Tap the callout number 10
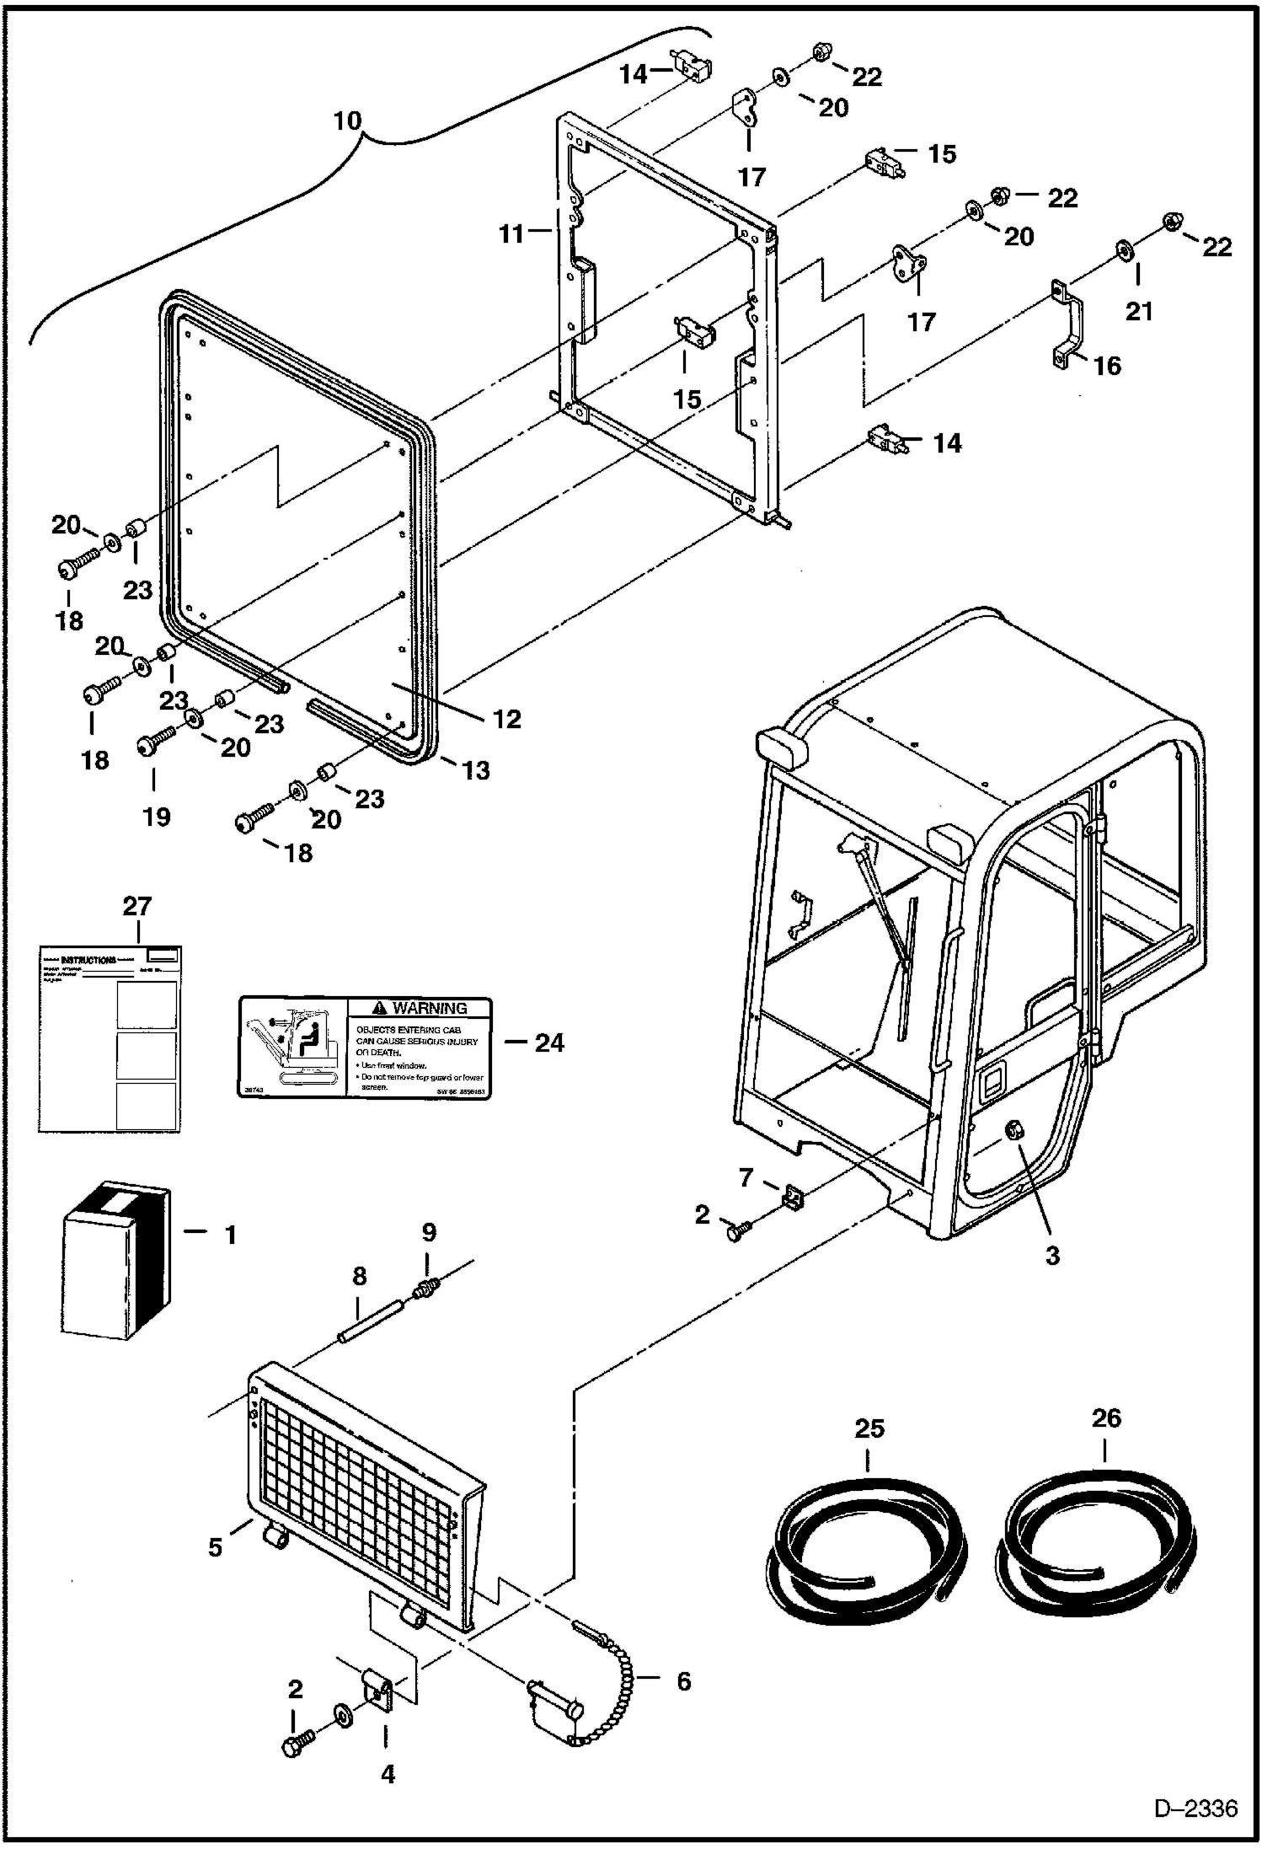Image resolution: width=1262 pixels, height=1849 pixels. click(346, 121)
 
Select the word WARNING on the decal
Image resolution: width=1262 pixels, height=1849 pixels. click(430, 1008)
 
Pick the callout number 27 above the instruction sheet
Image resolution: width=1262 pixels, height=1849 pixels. click(137, 906)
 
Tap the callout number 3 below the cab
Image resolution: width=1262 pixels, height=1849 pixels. click(1052, 1255)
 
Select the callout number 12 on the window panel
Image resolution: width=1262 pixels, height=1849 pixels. click(507, 719)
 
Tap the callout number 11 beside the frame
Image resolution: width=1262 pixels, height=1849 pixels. click(511, 233)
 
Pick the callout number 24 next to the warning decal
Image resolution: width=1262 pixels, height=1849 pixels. click(549, 1043)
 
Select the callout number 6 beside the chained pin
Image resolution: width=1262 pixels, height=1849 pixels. click(683, 1680)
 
